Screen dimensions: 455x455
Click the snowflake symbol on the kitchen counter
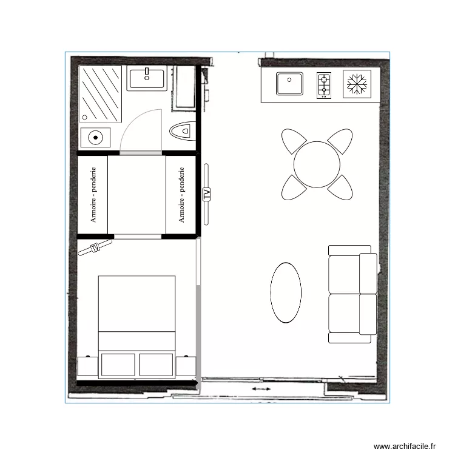coord(357,84)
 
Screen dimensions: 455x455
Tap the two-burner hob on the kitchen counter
coord(324,85)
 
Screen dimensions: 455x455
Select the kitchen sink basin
coord(290,84)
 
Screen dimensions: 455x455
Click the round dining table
coord(317,164)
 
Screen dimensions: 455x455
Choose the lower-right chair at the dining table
coord(340,187)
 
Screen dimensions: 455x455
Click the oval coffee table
coord(285,292)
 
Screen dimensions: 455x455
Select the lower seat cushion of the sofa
coord(344,313)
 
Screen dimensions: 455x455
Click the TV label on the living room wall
coord(206,194)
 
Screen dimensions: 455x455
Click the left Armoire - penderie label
coord(93,194)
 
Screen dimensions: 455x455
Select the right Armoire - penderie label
coord(181,194)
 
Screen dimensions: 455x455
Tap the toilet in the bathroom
coord(182,130)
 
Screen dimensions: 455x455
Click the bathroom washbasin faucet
coord(146,74)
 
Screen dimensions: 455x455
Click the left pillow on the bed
coord(118,365)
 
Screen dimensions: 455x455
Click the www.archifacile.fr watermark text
coord(405,446)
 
